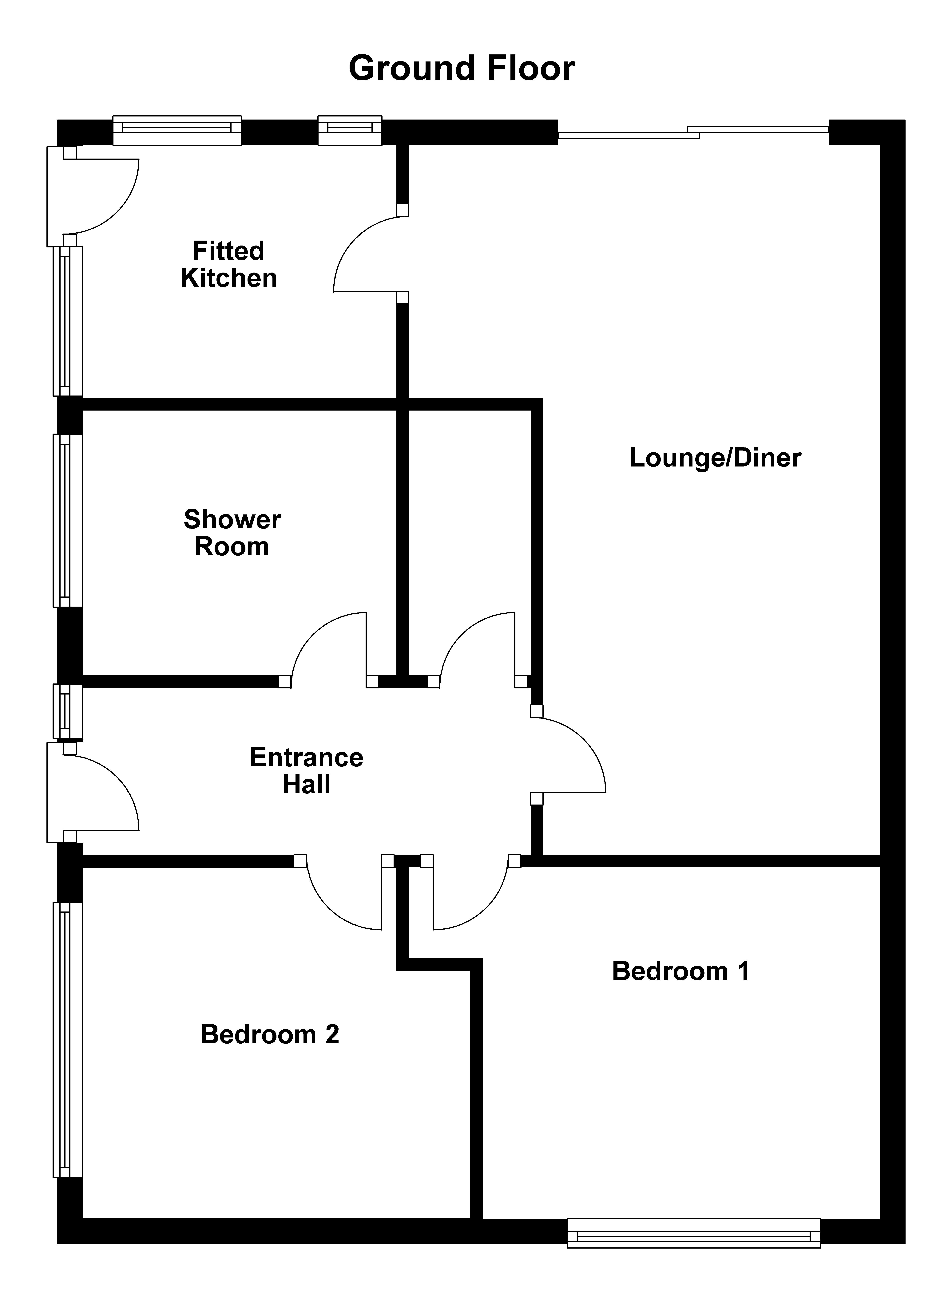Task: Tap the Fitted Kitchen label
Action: click(229, 264)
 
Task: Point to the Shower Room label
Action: click(232, 533)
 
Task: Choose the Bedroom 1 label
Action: click(680, 971)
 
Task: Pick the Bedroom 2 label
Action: click(270, 1034)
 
